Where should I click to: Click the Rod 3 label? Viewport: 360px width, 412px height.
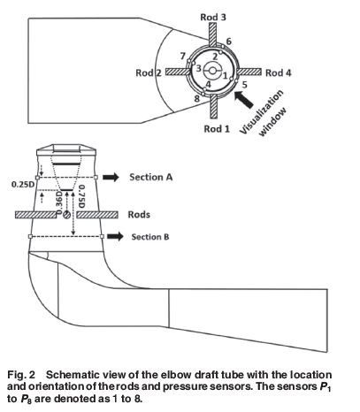coord(213,17)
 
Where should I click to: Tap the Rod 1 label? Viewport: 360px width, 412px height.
coord(217,129)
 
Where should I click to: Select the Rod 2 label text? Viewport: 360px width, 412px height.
coord(149,72)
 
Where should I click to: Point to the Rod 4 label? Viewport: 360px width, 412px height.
coord(279,72)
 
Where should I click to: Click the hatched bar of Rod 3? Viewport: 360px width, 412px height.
coord(213,34)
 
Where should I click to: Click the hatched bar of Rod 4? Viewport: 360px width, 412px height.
coord(249,72)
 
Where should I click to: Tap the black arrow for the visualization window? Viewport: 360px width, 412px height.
coord(244,100)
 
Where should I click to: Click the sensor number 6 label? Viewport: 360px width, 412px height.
coord(229,42)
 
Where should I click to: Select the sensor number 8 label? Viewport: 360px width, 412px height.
coord(197,98)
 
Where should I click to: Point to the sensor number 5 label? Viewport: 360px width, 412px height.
coord(244,85)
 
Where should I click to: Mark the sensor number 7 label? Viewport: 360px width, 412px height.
coord(183,56)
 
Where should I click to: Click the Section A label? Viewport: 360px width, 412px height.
coord(151,177)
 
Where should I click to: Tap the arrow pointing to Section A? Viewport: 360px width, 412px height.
coord(111,177)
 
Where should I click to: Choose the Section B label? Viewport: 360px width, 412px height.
coord(150,237)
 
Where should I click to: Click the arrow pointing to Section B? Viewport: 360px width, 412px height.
coord(115,236)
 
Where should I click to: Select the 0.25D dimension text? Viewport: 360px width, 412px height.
coord(23,185)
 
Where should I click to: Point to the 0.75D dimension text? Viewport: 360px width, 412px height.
coord(81,196)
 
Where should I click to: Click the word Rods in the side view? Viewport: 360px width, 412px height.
coord(139,215)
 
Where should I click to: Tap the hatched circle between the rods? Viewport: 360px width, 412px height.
coord(67,215)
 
